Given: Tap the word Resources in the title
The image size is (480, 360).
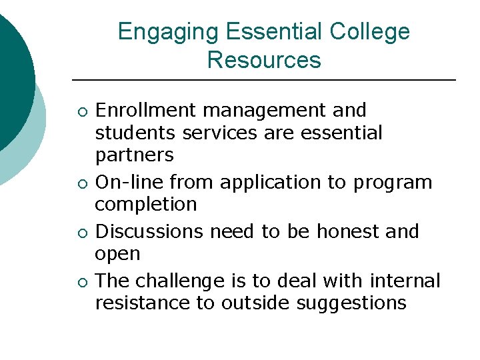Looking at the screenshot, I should coord(264,60).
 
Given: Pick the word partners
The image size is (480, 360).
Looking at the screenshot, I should coord(135,155).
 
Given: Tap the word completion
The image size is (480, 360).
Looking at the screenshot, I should coord(146,204).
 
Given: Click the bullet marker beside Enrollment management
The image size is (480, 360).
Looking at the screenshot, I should coord(81,111).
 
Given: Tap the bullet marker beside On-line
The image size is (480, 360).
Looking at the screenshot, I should coord(81,183).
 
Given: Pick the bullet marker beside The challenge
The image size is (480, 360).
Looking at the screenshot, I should coord(81,281).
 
